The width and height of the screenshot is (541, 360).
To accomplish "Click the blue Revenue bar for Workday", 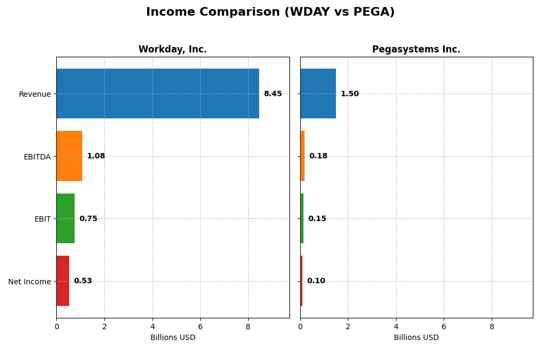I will [157, 94].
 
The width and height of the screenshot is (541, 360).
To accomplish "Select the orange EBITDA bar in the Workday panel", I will [69, 156].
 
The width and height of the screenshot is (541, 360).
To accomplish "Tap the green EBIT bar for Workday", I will [65, 218].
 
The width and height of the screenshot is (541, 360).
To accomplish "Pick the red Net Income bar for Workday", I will [63, 281].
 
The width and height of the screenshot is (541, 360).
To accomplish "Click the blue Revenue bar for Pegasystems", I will [318, 94].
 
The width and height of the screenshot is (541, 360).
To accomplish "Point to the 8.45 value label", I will [273, 94].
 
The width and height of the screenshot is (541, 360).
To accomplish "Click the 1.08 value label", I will [96, 156].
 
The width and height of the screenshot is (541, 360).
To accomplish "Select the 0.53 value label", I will [83, 281].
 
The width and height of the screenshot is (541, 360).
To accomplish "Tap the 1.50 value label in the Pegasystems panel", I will [349, 94].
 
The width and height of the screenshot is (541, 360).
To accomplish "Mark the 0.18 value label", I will [318, 156].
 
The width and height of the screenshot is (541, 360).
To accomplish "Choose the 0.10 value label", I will [316, 281].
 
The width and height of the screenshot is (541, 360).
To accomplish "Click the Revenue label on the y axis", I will [35, 94].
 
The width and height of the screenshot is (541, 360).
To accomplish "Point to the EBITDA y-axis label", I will [37, 157].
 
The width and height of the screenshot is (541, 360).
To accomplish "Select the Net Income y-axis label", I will [29, 282].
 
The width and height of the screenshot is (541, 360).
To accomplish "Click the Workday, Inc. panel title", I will [173, 50].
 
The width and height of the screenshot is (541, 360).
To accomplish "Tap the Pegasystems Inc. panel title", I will [416, 50].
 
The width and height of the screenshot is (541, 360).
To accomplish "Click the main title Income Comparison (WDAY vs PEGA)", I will [270, 12].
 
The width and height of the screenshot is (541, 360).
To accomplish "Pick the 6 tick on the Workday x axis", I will [200, 326].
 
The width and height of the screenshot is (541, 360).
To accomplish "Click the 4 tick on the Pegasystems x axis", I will [396, 326].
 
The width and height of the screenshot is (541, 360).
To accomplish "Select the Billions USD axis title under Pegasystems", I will [416, 338].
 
